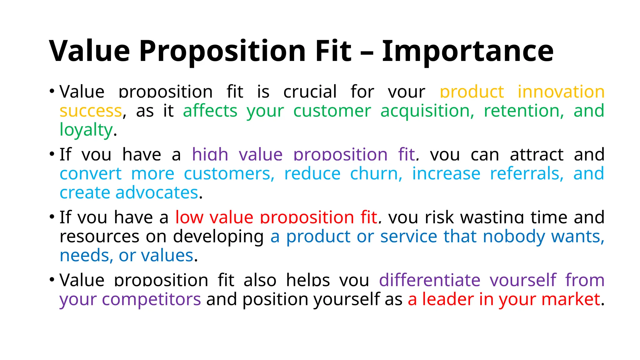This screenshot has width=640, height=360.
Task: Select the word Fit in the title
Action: coord(333,51)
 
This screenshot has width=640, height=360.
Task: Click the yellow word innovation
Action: coord(561,92)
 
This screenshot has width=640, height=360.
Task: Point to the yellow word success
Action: coord(91,111)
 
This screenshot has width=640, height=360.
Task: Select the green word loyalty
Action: coord(86,130)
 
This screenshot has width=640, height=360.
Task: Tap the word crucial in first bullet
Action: coord(310,92)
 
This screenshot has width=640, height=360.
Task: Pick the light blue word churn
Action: coord(376,174)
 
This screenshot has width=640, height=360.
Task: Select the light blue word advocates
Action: coord(157,193)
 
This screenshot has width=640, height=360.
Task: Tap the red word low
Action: coord(189,217)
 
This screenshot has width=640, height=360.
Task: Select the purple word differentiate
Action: coord(429,280)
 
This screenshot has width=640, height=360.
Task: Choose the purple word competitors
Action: coord(151,299)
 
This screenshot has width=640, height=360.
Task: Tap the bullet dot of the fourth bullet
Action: coord(52,279)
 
